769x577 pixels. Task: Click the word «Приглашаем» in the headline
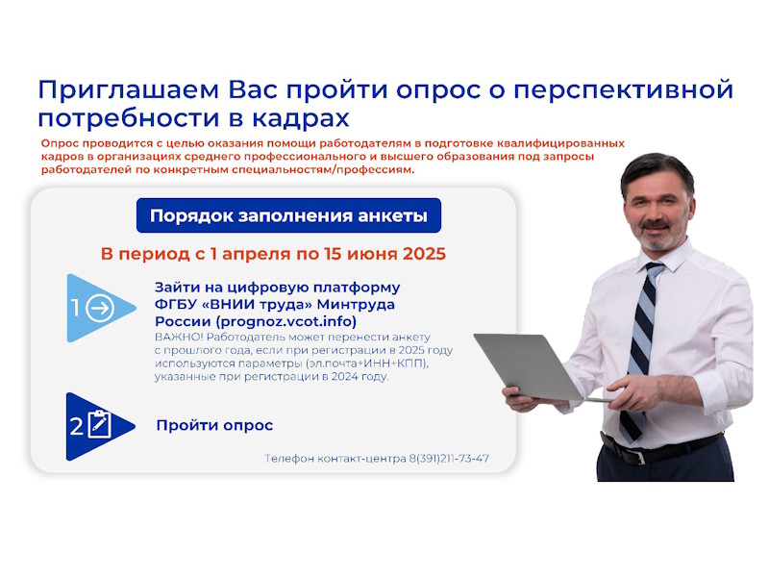point(129,90)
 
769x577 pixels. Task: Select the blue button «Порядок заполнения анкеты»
point(288,215)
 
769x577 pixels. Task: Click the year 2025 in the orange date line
point(424,254)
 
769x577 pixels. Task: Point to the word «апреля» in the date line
point(256,255)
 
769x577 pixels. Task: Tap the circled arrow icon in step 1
point(100,308)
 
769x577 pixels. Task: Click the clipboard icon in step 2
point(100,424)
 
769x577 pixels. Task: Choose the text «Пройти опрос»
point(214,425)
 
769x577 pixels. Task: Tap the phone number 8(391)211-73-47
point(449,459)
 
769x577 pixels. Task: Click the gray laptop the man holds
point(530,366)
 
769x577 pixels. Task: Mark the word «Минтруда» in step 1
point(356,305)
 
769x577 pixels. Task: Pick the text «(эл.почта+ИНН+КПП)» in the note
point(366,364)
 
